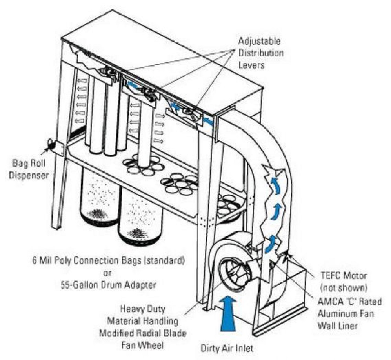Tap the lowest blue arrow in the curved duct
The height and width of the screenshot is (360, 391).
pyautogui.click(x=269, y=245)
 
